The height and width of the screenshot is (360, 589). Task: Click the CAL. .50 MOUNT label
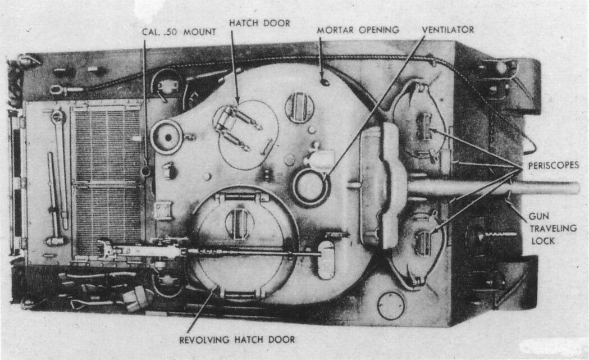coord(179,32)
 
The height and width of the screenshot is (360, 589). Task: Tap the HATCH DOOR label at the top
coord(259,23)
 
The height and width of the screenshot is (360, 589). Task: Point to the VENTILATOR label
coord(448,29)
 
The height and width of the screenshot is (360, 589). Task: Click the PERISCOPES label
coord(553,167)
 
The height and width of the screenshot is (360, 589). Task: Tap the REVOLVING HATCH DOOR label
coord(236,339)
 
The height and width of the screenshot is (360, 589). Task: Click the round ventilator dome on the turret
coord(310,187)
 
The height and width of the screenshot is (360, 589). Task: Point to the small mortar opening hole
coord(324,83)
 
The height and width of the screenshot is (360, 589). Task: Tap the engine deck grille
coord(107,180)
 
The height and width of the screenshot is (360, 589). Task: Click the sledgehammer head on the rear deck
coord(55,241)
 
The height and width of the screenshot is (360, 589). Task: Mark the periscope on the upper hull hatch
coord(425,126)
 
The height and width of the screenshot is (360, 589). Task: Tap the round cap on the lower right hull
coord(391,306)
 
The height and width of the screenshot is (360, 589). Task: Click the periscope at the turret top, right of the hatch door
coord(299,107)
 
